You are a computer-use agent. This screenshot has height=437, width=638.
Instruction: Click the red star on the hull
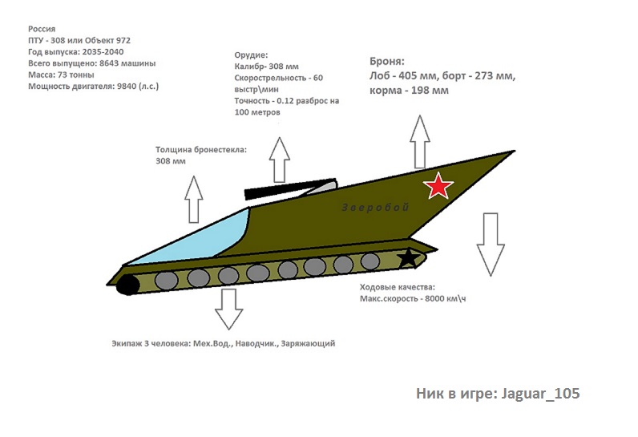(x=438, y=186)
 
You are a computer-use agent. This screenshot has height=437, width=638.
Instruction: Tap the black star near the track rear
(x=409, y=258)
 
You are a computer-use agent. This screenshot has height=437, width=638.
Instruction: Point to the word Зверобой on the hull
(x=375, y=207)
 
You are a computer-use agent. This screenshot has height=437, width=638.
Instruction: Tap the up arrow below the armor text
(x=420, y=140)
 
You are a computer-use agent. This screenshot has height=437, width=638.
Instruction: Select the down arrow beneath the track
(x=228, y=309)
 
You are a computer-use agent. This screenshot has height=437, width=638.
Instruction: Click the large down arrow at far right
(x=491, y=245)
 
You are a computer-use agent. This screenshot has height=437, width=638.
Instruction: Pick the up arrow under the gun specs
(x=280, y=160)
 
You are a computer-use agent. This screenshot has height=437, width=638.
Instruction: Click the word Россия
(x=42, y=28)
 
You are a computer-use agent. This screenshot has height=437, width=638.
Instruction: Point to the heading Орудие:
(x=252, y=55)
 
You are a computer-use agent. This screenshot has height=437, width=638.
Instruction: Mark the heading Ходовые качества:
(x=397, y=287)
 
